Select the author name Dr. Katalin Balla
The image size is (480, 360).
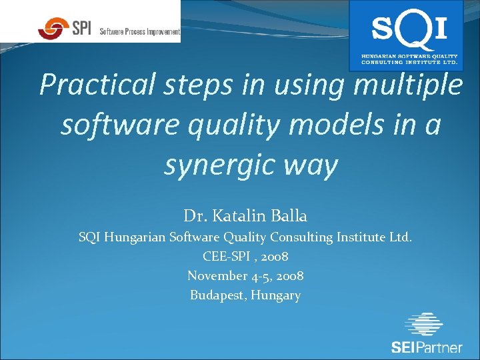pos(245,216)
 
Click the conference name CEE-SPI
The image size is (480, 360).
pos(225,256)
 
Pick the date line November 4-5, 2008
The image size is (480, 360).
pos(245,275)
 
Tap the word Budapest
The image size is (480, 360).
pos(218,295)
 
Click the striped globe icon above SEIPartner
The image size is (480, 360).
pos(424,325)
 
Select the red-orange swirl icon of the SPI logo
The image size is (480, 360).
pos(53,28)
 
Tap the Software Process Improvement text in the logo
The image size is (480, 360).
pos(139,31)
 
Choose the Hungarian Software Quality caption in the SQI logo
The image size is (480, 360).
pos(409,56)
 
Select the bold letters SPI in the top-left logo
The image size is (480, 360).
pos(81,28)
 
